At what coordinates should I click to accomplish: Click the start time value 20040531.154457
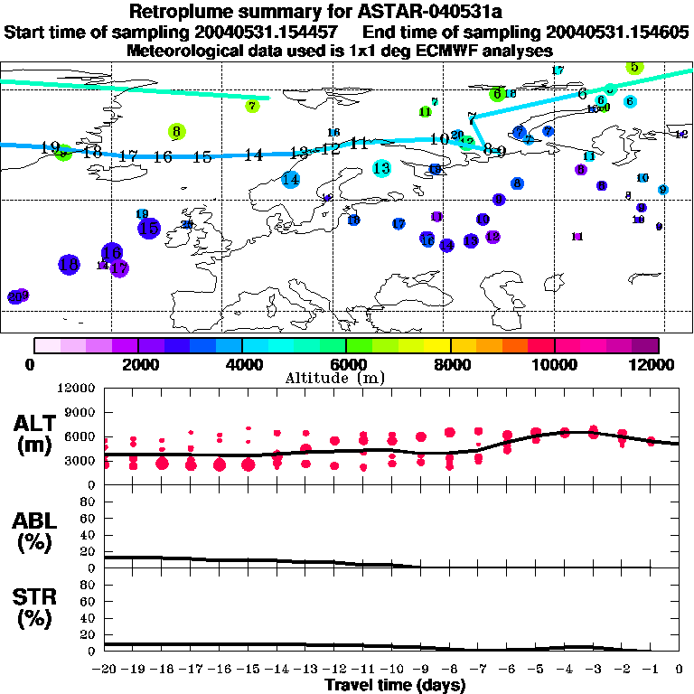(x=267, y=32)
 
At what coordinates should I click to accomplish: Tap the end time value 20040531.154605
(x=619, y=32)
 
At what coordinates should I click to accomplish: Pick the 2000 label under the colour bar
(x=137, y=364)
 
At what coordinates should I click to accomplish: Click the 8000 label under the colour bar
(x=450, y=364)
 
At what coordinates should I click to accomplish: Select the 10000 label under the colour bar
(x=554, y=364)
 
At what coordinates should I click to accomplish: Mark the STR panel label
(x=35, y=603)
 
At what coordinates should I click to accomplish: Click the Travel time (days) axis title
(x=395, y=686)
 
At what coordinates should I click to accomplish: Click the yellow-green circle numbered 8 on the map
(x=176, y=132)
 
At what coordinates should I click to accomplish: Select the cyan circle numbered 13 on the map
(x=381, y=168)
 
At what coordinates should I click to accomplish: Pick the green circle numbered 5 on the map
(x=634, y=67)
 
